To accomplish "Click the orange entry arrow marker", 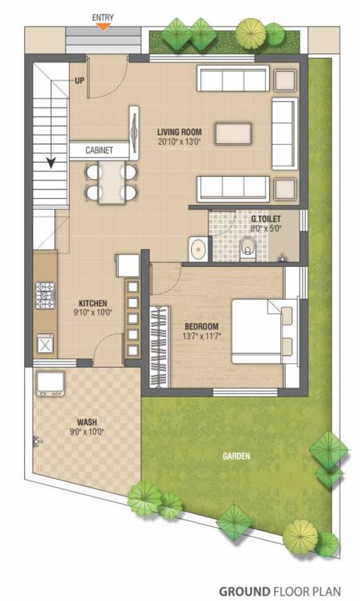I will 103,26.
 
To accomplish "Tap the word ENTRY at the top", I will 103,16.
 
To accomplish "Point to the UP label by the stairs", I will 80,80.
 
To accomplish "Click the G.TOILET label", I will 265,219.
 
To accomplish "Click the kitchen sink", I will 45,343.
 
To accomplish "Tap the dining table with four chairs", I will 110,182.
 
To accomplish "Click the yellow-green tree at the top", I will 251,33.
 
